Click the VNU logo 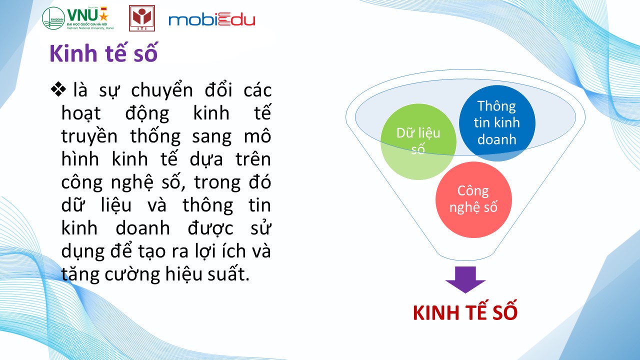[78, 18]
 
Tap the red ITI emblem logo [142, 18]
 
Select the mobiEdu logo [211, 19]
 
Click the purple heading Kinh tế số [103, 53]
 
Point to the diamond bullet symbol [58, 89]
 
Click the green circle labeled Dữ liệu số [418, 141]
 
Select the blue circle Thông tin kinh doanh [497, 123]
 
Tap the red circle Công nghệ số [473, 199]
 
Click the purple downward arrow [465, 279]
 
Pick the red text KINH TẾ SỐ [465, 312]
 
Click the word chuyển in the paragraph [162, 90]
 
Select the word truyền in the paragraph [89, 136]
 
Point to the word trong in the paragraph [217, 183]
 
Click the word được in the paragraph [210, 229]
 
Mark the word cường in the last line [132, 274]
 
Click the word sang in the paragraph [211, 137]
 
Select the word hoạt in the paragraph [81, 113]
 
